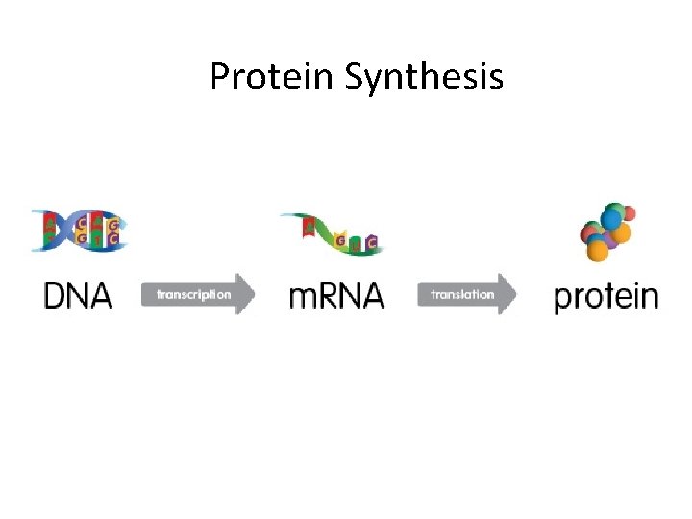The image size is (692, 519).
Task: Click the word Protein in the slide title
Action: pos(271,77)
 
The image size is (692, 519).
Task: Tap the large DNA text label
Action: pos(78,294)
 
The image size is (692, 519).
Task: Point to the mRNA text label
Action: pos(336,295)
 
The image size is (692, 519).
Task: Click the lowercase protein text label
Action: pos(605,296)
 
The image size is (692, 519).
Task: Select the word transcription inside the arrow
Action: pos(193,294)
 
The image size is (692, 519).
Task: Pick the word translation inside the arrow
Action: pos(462,294)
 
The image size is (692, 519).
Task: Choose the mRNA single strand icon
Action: pos(333,234)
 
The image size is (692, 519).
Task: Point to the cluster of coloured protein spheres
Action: pos(606,232)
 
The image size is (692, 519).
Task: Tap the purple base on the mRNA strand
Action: pos(371,241)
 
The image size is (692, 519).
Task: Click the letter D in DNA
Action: pos(56,294)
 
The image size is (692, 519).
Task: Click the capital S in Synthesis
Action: pos(353,77)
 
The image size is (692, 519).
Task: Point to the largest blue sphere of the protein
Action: pos(611,217)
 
